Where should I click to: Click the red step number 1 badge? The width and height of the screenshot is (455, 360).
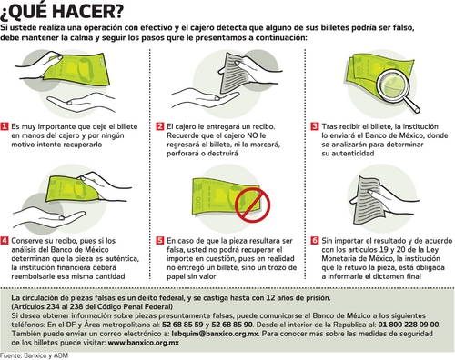5,126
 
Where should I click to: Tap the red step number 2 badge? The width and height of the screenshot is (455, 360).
160,126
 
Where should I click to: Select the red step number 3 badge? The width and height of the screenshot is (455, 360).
315,126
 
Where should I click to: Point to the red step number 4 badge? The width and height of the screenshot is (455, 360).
5,241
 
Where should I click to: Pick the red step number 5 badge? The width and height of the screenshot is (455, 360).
160,241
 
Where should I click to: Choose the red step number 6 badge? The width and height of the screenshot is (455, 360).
315,241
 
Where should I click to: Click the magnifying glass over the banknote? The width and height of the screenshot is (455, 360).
395,89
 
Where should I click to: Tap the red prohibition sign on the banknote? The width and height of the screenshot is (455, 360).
252,205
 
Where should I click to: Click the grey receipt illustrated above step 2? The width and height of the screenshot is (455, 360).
233,73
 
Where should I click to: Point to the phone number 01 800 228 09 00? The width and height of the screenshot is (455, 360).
409,325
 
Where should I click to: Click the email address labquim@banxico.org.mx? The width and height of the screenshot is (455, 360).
215,334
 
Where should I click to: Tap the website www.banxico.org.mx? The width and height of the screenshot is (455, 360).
144,343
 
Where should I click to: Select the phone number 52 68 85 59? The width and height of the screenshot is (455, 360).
183,325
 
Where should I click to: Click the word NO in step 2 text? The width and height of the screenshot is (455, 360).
253,135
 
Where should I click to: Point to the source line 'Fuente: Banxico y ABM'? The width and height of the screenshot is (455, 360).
34,355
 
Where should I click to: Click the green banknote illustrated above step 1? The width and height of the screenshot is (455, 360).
76,70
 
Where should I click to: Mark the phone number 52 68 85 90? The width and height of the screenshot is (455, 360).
232,325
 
